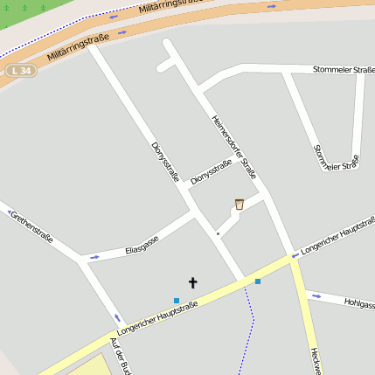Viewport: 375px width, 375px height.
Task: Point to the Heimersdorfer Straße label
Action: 234,147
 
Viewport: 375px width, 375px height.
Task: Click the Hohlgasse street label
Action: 359,304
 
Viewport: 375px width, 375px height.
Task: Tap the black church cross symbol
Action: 193,282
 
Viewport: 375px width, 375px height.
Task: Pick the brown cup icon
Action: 239,205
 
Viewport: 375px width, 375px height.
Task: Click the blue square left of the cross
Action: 177,301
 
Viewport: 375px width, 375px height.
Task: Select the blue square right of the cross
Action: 257,281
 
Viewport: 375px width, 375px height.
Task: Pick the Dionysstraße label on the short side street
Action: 211,171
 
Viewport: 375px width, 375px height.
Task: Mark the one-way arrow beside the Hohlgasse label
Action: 316,295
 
